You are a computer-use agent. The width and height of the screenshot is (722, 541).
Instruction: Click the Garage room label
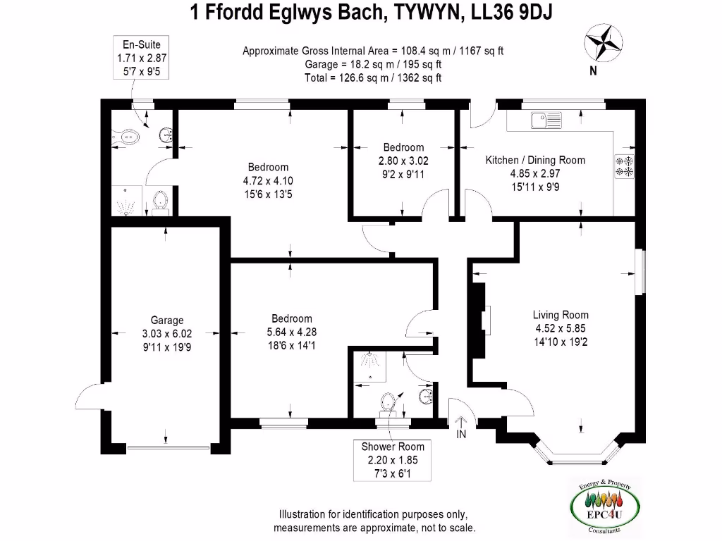click(x=166, y=320)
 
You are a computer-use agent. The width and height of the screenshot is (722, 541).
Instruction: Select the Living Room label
click(x=561, y=315)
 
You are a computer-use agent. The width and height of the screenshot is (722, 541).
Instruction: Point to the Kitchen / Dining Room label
click(x=535, y=160)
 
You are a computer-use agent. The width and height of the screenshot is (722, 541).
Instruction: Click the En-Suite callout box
click(x=142, y=58)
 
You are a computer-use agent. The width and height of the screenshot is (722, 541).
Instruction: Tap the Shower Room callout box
click(x=393, y=459)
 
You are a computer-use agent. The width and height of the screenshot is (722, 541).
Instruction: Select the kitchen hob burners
click(x=625, y=166)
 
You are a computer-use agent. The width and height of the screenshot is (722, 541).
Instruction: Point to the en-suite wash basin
click(x=166, y=135)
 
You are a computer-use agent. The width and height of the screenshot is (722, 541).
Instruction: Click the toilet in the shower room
click(x=386, y=402)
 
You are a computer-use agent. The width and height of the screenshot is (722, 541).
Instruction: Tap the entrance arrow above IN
click(x=461, y=422)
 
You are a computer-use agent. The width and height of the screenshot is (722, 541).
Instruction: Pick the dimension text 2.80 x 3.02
click(x=403, y=160)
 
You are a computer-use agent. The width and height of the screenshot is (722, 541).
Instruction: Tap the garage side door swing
click(x=88, y=398)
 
